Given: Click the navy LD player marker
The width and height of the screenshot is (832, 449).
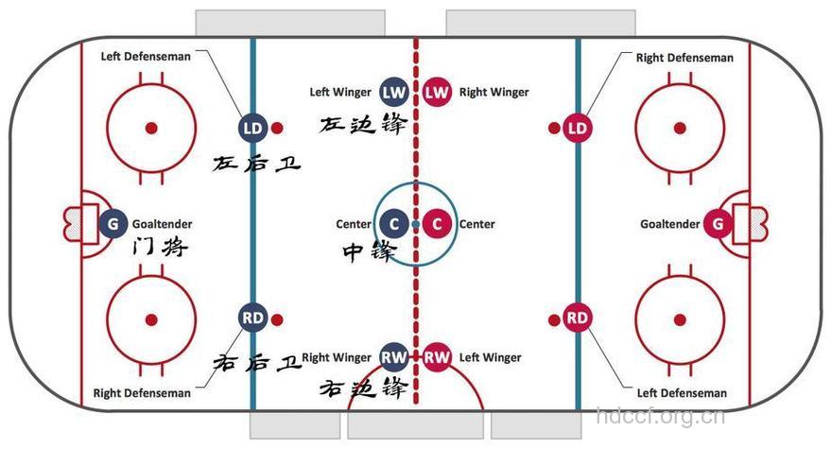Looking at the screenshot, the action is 252,128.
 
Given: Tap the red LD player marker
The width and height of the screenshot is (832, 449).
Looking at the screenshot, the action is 578,128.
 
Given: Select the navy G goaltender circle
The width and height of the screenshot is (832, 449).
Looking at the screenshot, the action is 113,223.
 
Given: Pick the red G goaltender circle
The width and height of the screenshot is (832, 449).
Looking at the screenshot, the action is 718,223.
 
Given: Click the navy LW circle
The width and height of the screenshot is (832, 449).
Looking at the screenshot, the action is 394,93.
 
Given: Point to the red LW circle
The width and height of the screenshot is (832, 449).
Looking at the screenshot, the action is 437,93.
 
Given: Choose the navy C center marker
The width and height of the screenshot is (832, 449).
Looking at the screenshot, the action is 394,224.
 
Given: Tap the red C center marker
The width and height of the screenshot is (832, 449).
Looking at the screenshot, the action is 437,224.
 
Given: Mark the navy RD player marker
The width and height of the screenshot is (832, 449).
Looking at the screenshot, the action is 252,318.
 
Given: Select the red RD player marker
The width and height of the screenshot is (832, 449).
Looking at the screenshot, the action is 578,318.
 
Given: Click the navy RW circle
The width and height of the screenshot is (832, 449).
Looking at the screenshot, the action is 394,357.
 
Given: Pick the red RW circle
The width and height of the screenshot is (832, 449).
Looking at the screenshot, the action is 437,357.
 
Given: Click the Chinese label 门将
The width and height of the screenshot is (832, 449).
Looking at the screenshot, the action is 160,247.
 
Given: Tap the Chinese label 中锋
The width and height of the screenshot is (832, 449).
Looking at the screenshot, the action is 370,251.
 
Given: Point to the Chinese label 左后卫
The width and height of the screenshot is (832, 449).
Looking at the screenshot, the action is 257,164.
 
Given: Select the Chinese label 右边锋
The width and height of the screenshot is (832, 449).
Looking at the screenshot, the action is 363,388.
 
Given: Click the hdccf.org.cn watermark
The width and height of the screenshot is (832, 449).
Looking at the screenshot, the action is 660,417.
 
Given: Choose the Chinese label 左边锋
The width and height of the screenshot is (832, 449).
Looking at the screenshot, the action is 363,124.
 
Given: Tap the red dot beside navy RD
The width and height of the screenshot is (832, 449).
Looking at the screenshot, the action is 277,320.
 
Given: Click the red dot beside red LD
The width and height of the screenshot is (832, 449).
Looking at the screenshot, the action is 554,128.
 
